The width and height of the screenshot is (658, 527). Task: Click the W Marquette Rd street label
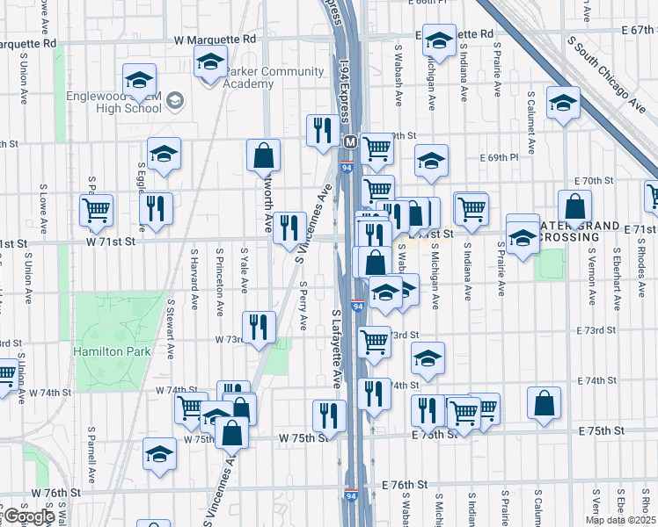click(215, 40)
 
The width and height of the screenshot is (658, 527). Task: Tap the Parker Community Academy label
click(249, 77)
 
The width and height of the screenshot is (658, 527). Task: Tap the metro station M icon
click(350, 141)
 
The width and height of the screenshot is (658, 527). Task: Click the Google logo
click(27, 517)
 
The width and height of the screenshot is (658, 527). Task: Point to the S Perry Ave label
click(303, 306)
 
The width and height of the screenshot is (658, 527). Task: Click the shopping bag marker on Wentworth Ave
click(263, 156)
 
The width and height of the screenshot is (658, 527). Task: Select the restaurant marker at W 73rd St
click(259, 328)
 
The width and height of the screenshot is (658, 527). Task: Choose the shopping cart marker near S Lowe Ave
click(96, 211)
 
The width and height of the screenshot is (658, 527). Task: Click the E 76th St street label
click(404, 484)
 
